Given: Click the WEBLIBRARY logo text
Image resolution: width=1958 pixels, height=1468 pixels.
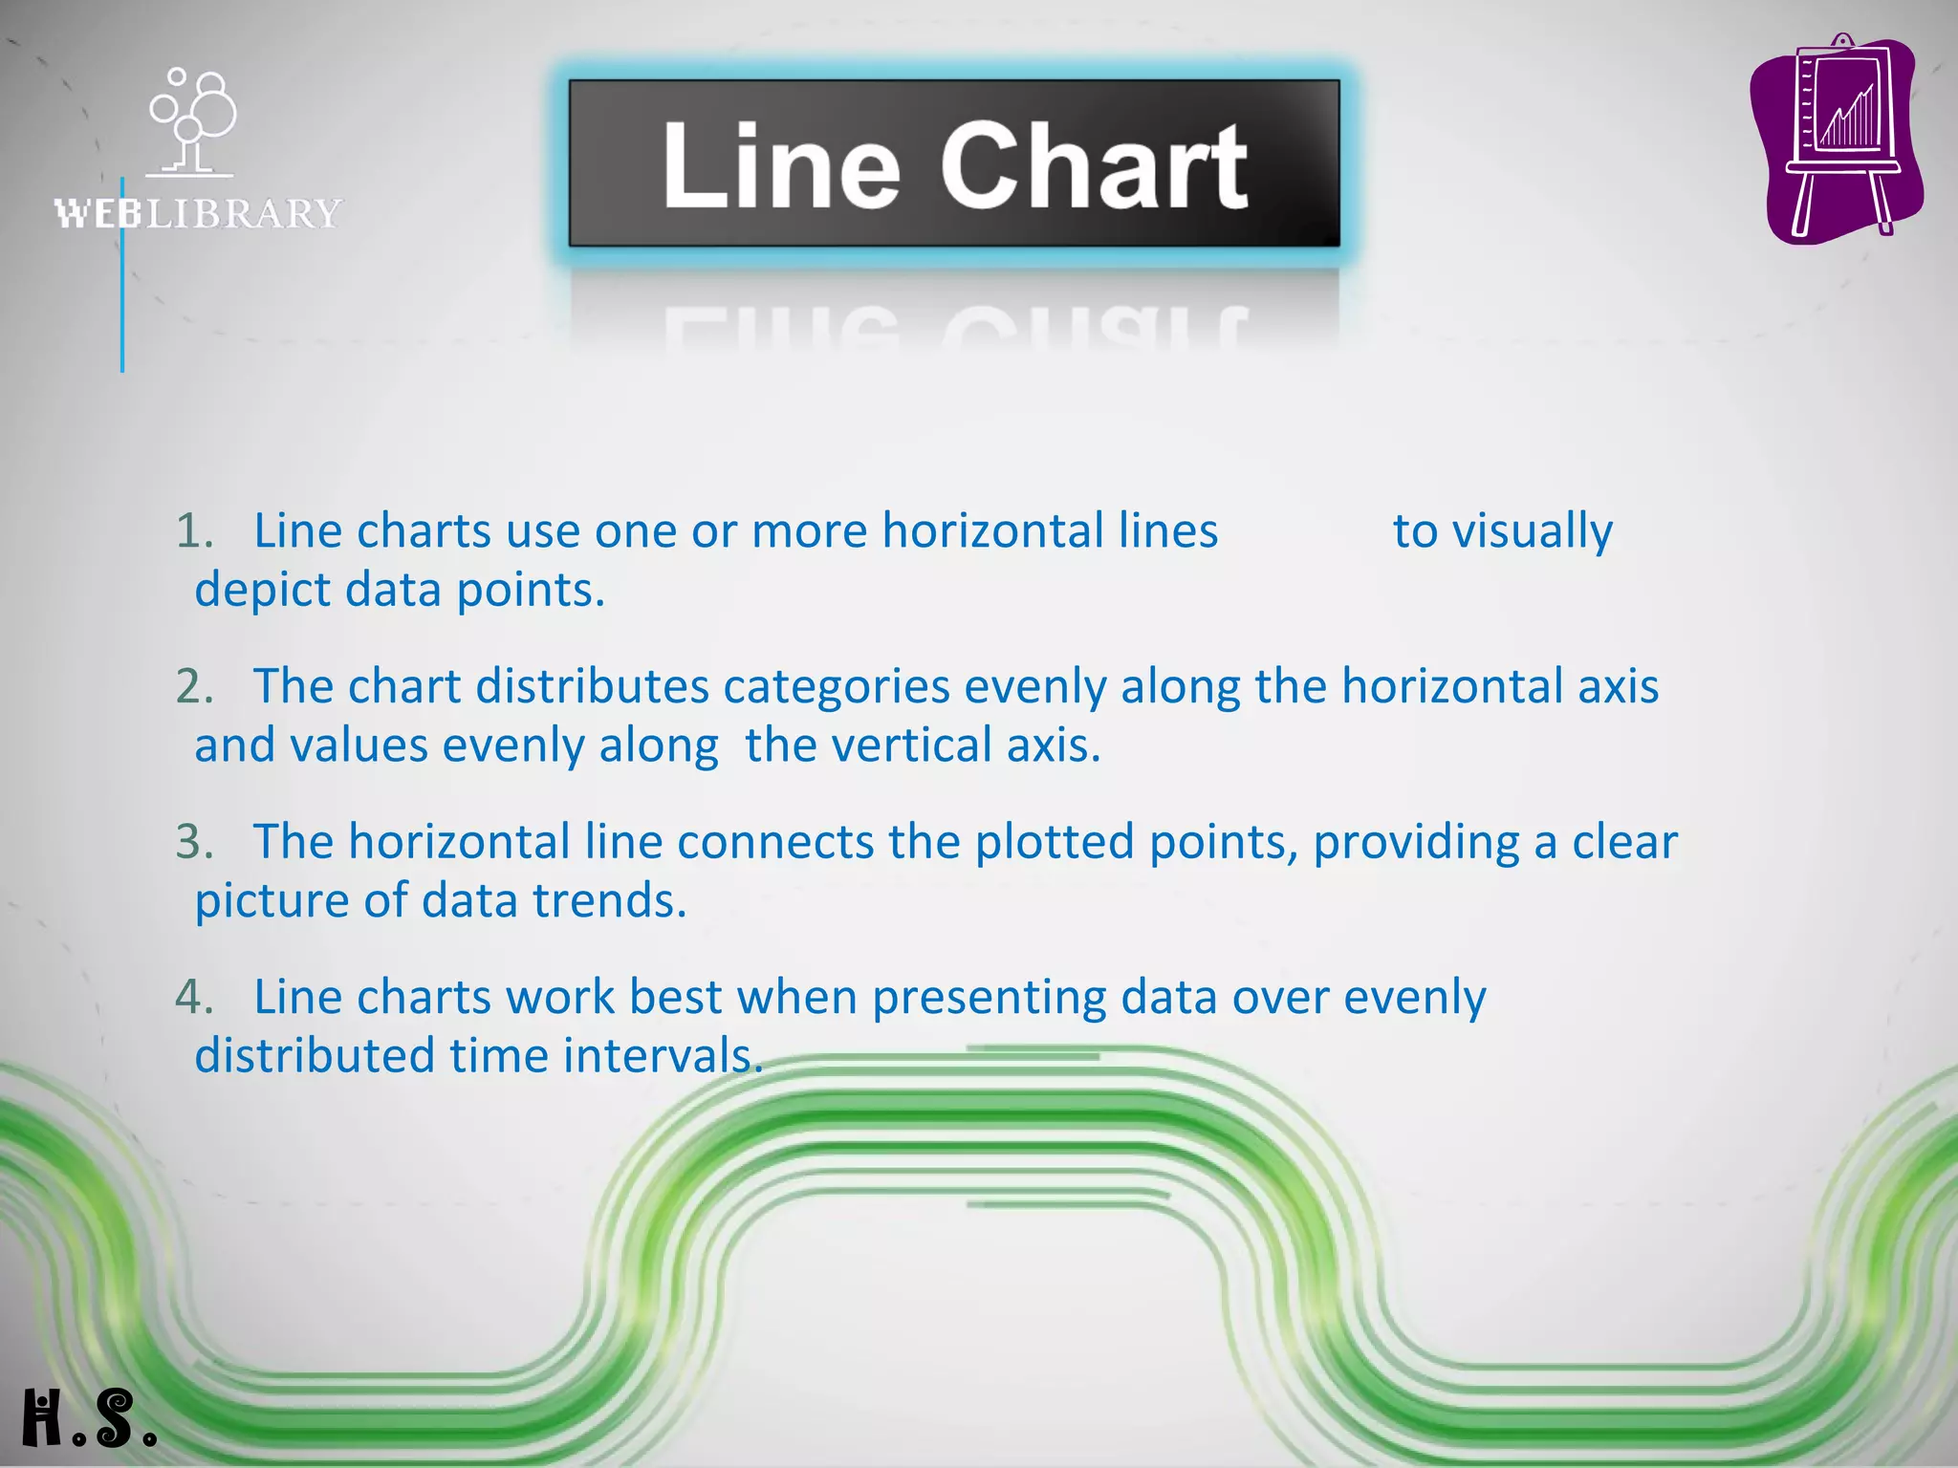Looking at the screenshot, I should [x=198, y=213].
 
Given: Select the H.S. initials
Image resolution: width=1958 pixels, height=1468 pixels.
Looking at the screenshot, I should [x=89, y=1418].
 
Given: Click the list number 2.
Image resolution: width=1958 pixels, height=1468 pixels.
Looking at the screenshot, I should [x=193, y=687].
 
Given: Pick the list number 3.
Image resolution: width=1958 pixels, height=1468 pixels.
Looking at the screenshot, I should [x=193, y=843].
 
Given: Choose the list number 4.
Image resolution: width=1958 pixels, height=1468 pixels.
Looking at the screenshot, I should [x=193, y=998].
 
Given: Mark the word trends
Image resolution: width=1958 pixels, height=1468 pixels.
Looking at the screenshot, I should [x=609, y=901].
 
